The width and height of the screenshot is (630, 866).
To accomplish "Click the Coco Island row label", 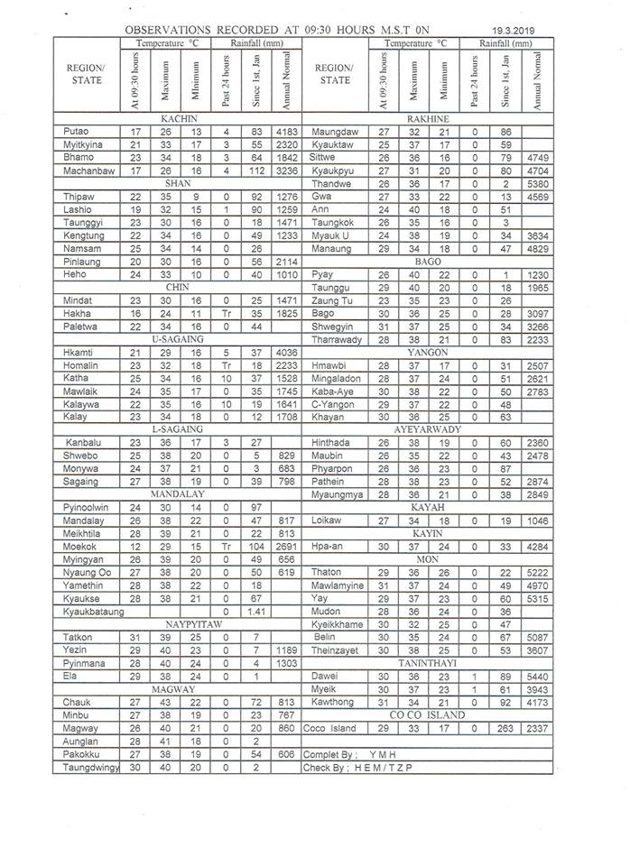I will pyautogui.click(x=330, y=728).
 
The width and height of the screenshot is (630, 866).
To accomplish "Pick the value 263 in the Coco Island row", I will pyautogui.click(x=505, y=728).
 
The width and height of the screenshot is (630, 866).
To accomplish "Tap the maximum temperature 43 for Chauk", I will pyautogui.click(x=166, y=701).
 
